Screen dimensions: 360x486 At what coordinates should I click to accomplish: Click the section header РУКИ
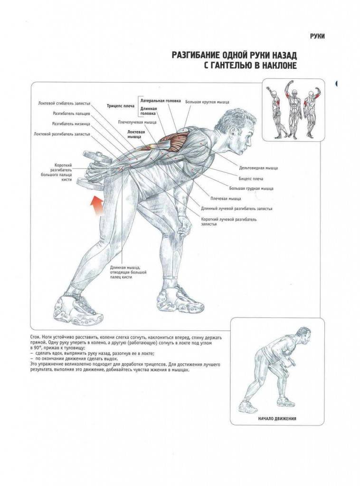pos(317,36)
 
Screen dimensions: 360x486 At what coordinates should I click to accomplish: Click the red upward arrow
pos(97,206)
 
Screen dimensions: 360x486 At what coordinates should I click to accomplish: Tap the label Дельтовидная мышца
pos(258,168)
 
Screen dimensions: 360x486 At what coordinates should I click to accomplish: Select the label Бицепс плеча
pos(251,178)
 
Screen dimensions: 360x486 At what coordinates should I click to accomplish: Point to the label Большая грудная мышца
pos(251,188)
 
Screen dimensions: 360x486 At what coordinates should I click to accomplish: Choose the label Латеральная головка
pos(161,101)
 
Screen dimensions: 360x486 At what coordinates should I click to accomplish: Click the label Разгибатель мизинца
pos(71,124)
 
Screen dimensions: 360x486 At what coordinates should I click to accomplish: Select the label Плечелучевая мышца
pos(137,122)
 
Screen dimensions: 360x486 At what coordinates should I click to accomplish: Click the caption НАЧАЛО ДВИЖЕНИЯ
pos(277,419)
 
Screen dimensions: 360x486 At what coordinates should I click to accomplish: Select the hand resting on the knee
pos(185,224)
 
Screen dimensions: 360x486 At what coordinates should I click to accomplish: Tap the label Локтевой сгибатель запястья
pos(64,103)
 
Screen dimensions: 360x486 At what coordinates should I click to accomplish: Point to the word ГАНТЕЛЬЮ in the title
pos(232,65)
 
